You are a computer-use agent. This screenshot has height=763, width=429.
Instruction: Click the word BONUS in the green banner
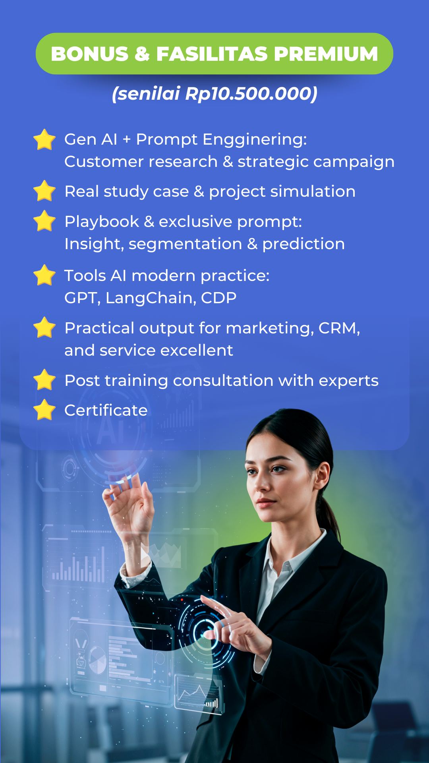tap(90, 54)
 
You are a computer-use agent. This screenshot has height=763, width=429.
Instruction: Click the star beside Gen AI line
tap(44, 139)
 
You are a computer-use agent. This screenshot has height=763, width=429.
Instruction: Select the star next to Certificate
tap(44, 410)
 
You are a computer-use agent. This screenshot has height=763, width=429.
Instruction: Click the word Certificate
tap(106, 410)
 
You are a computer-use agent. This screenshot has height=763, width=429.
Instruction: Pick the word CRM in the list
tap(339, 328)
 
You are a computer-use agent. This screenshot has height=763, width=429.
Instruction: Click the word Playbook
tap(102, 221)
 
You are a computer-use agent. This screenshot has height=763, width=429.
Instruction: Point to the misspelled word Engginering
tap(255, 139)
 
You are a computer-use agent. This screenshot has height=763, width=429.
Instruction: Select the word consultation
tap(223, 380)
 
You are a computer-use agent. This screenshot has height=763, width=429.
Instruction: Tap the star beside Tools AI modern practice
tap(44, 275)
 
